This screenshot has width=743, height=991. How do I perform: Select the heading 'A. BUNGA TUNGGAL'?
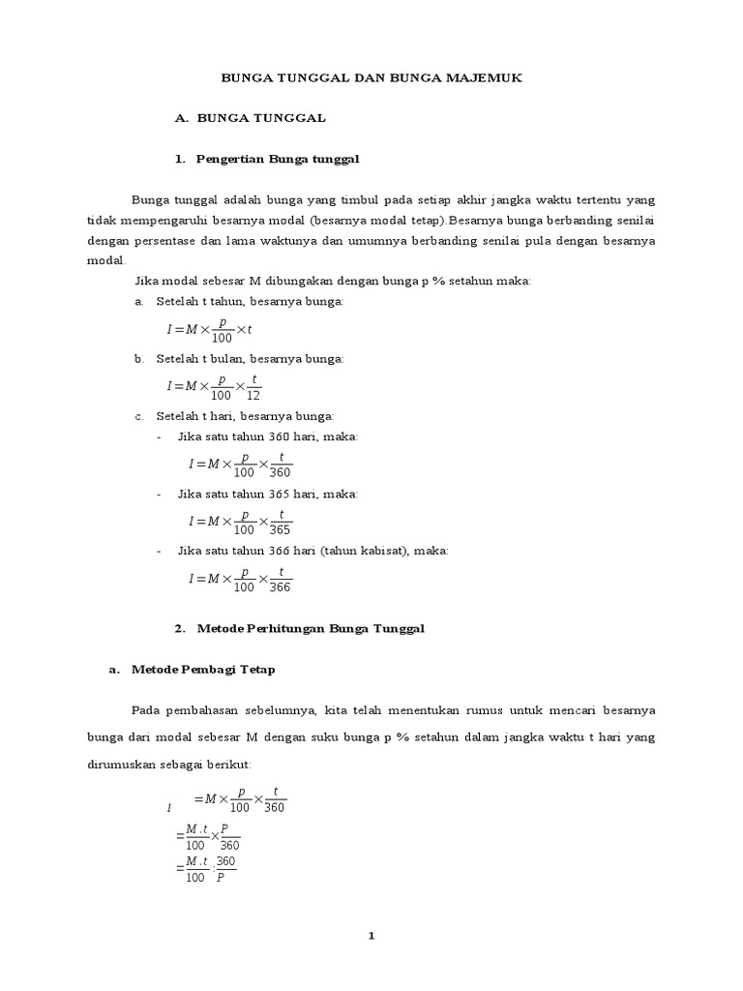click(250, 117)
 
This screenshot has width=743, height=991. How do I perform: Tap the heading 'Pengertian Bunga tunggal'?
click(278, 157)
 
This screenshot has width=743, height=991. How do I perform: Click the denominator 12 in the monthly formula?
click(254, 395)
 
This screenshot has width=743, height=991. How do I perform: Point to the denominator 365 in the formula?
click(280, 529)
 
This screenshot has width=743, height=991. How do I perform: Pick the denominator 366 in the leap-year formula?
click(280, 586)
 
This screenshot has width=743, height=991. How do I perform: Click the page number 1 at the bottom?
click(371, 936)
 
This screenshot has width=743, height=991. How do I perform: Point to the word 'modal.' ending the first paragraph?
click(106, 260)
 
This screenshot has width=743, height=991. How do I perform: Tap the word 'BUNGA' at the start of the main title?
click(249, 77)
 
